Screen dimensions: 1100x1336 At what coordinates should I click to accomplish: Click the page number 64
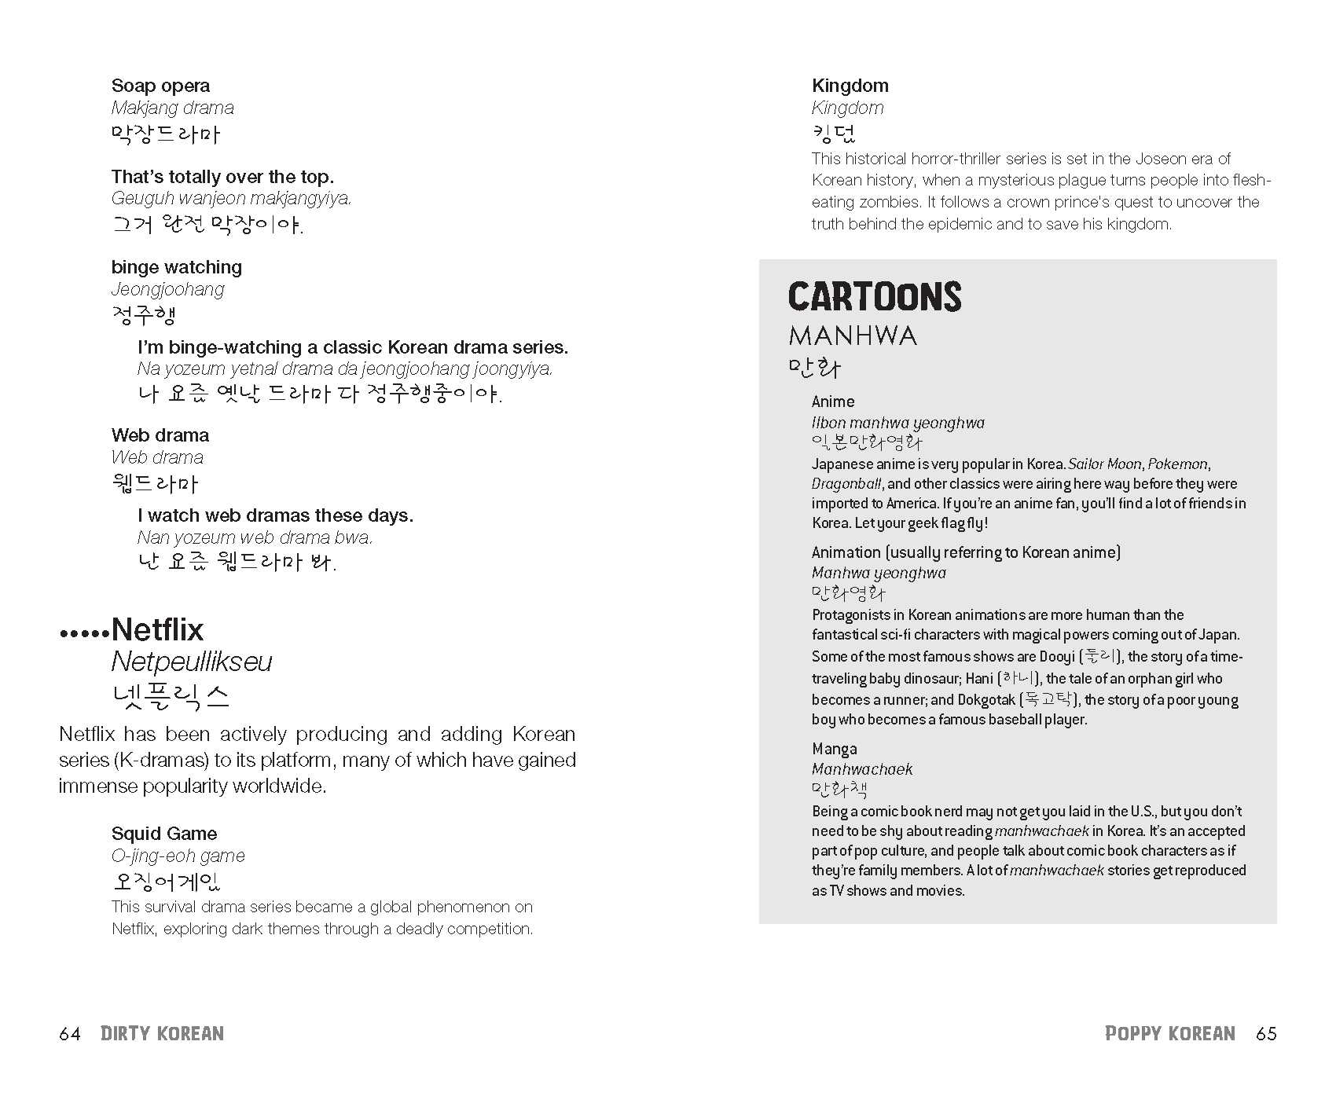click(70, 1034)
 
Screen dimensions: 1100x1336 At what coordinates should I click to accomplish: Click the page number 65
click(1266, 1034)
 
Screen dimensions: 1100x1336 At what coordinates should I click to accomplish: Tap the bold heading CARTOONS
click(875, 297)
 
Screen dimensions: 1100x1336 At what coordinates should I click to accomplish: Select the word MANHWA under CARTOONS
click(853, 336)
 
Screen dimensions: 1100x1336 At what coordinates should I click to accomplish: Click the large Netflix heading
click(157, 629)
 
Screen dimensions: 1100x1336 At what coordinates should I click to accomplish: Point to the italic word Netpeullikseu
click(192, 662)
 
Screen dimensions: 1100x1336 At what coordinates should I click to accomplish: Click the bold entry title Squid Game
click(164, 834)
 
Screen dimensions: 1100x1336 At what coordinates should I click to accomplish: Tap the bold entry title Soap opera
click(160, 86)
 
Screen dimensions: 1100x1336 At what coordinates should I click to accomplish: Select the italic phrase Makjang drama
click(172, 108)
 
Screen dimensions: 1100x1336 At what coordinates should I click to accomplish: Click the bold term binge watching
click(177, 267)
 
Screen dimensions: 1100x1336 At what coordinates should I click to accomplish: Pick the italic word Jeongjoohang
click(167, 289)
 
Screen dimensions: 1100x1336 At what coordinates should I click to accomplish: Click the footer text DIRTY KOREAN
click(162, 1034)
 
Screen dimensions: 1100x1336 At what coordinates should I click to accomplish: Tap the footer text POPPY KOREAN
click(1169, 1034)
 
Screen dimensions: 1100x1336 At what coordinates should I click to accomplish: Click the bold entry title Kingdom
click(850, 86)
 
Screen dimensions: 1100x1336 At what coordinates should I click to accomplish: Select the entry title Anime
click(833, 401)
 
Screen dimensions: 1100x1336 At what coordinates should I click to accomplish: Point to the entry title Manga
click(835, 749)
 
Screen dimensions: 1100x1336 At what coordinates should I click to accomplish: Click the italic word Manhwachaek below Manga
click(862, 769)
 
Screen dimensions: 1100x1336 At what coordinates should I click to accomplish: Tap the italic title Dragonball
click(846, 484)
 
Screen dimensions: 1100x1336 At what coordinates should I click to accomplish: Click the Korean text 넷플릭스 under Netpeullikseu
click(171, 697)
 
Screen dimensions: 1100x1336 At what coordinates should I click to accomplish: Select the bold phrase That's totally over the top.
click(222, 177)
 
